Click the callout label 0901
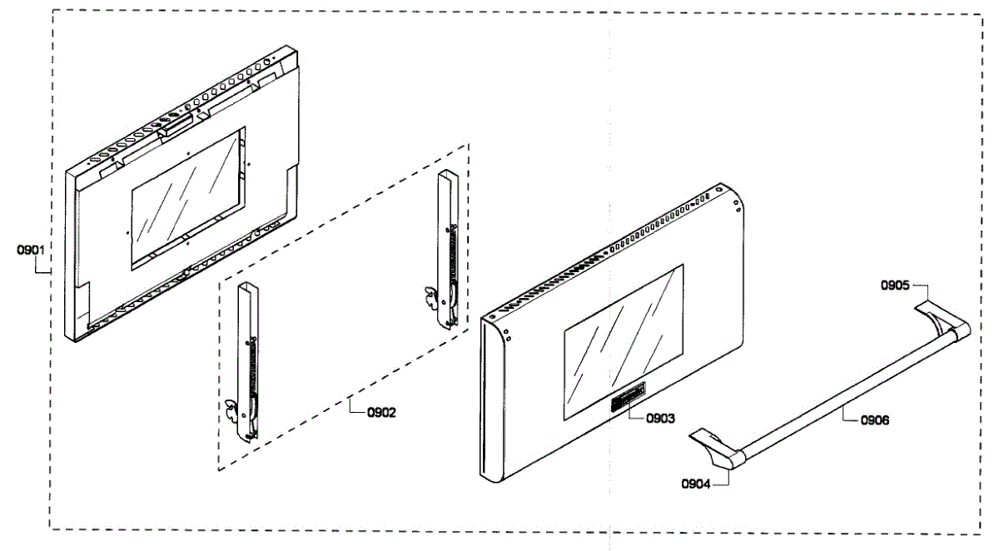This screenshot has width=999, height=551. (x=31, y=248)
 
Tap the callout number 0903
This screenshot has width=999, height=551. (x=660, y=418)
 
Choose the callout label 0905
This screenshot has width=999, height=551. (x=896, y=285)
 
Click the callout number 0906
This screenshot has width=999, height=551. (x=873, y=420)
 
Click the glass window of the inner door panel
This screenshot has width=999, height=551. (x=186, y=198)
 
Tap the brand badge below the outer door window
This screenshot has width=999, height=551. (x=625, y=398)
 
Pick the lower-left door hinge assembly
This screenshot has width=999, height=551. (x=247, y=362)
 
